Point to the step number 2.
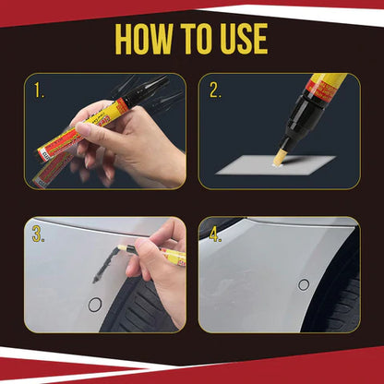[216, 90]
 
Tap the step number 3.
[39, 234]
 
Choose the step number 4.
[216, 234]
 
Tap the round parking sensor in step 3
[94, 305]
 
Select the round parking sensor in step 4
[304, 284]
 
